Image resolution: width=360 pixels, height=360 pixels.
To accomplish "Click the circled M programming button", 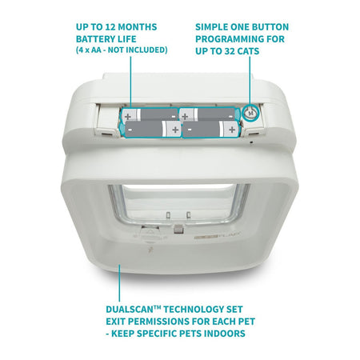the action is coord(250,114).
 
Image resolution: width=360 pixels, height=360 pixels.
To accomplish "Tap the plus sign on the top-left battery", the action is coord(128,116).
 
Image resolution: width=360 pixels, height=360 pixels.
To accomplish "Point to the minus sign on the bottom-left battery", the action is coord(130,130).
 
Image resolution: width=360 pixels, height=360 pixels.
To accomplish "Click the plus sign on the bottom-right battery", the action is coord(232,130).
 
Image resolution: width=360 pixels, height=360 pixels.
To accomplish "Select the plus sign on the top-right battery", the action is coord(185,116).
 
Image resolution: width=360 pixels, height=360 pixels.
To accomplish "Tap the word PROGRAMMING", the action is coord(226,39).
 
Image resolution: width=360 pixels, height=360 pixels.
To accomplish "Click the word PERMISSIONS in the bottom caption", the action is coord(158,322).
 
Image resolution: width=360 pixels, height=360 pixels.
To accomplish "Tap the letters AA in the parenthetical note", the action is coord(96,50).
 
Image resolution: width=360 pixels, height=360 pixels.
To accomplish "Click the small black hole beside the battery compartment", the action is coord(251,142).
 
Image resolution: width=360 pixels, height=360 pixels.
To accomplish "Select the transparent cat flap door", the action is coord(178,203).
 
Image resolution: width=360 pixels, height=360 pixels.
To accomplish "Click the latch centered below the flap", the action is coord(178,229).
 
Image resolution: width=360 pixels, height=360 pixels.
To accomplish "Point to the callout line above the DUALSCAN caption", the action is coord(119,282).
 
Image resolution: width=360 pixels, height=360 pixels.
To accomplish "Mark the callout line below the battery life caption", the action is coord(130,82).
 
